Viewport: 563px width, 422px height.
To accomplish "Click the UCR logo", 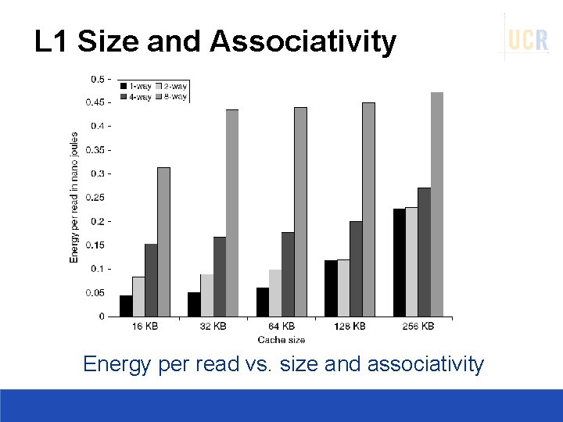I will (x=528, y=39).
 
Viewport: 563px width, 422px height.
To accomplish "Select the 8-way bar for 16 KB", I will (x=163, y=241).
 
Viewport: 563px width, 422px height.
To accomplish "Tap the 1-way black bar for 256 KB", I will (x=399, y=263).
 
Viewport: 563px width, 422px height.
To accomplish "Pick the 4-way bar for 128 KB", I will (x=356, y=269).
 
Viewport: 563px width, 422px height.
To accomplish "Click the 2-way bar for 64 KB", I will (x=275, y=293).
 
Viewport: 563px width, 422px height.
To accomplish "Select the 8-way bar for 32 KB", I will (x=232, y=213).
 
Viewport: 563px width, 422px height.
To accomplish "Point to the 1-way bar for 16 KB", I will (x=126, y=306).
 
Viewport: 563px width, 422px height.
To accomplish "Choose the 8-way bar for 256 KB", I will (x=437, y=204).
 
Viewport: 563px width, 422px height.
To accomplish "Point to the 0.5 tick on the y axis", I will (x=99, y=79).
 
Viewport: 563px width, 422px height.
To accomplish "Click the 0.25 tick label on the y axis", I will (x=95, y=198).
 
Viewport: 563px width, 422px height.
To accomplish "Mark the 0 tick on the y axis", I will (x=102, y=316).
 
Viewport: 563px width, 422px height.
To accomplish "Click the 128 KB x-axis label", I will (x=350, y=326).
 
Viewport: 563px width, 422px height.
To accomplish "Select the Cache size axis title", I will (x=281, y=339).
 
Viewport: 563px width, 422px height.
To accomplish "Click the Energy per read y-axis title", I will (x=75, y=196).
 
